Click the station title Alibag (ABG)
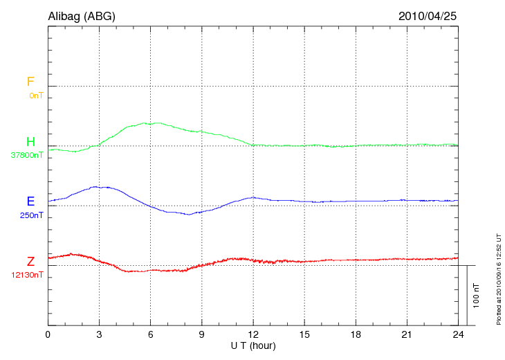82,16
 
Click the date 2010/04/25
428,16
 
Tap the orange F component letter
30,82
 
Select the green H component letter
30,142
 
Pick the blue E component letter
30,201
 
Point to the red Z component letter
30,262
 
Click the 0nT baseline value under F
35,95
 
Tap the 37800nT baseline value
27,155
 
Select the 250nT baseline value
31,215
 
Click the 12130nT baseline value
27,275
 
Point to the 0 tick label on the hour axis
48,335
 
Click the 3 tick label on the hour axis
99,335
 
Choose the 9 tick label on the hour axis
202,335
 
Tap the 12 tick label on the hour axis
253,335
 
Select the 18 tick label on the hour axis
356,335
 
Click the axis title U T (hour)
253,345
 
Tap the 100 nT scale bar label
476,295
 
